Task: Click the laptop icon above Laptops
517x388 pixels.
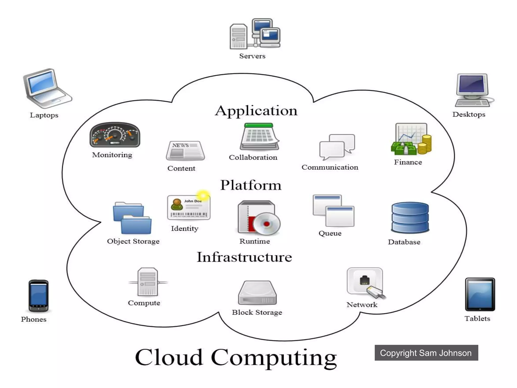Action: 47,88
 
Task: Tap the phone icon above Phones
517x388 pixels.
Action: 38,296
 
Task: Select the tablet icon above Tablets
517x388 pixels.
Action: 480,295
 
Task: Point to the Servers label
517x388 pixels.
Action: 252,56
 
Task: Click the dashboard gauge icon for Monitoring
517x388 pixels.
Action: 115,135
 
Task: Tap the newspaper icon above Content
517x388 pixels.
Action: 185,151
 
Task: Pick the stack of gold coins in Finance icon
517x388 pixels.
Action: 425,145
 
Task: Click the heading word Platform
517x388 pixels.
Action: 251,185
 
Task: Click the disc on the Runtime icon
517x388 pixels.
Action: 267,224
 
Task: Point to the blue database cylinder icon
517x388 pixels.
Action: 410,217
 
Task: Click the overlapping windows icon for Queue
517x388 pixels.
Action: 333,210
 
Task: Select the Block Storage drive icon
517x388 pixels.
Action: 257,293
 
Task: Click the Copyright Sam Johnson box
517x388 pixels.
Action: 426,353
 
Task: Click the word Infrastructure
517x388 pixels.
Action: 244,257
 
